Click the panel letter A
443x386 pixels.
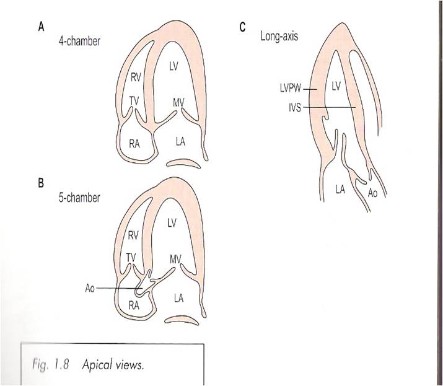point(40,28)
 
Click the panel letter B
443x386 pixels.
point(40,183)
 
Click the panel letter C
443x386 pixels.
point(242,28)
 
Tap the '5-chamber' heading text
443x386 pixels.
point(84,199)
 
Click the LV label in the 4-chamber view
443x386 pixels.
point(173,66)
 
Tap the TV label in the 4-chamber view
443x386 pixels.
point(134,100)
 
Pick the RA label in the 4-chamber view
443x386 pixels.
point(134,144)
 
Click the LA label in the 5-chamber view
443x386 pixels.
point(178,298)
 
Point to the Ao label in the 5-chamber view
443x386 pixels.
point(90,289)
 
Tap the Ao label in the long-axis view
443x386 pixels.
point(373,194)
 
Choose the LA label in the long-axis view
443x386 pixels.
point(340,190)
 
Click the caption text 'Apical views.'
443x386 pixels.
point(113,364)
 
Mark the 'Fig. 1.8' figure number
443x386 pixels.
point(51,364)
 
